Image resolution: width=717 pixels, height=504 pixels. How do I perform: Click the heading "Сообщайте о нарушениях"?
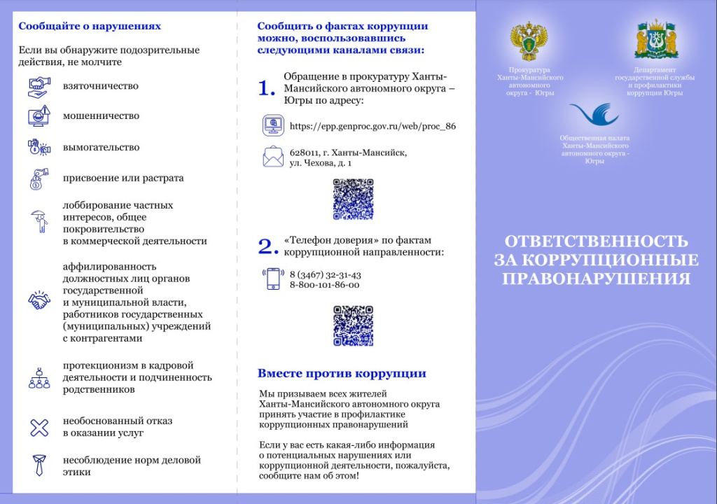[x=90, y=27]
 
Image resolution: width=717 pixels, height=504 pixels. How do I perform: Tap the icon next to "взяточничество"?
[x=39, y=87]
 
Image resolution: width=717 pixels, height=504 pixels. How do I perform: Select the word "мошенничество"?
[x=101, y=116]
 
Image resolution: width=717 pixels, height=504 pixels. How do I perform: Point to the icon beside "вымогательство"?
[x=39, y=147]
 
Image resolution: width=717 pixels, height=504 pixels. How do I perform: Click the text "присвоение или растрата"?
[x=123, y=178]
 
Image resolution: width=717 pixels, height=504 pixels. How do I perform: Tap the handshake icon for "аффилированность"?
[x=39, y=301]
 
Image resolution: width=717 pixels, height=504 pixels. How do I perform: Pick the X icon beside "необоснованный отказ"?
[x=39, y=427]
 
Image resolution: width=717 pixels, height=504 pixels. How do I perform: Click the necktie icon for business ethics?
[x=39, y=465]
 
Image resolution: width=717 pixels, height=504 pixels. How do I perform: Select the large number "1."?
[x=267, y=88]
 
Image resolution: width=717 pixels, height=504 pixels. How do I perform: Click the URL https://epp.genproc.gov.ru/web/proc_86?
[x=373, y=127]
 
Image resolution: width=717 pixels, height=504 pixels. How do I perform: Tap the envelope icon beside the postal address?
[x=272, y=157]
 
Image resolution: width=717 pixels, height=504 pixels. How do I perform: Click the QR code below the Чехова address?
[x=353, y=199]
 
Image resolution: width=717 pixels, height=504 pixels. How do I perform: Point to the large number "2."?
[x=268, y=246]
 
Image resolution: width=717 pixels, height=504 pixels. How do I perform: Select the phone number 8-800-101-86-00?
[x=324, y=285]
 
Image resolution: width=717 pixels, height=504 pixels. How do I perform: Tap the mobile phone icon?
[x=272, y=279]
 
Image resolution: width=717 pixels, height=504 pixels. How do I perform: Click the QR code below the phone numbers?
[x=353, y=325]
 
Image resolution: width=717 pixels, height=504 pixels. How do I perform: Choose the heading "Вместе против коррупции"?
[x=342, y=374]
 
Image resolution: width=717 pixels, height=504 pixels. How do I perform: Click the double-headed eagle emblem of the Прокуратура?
[x=529, y=41]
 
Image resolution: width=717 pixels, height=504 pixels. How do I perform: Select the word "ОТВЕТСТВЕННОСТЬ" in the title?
[x=597, y=241]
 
